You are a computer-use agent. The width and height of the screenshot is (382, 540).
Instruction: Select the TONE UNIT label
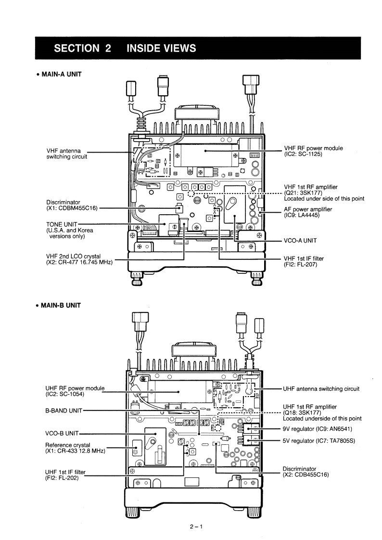pyautogui.click(x=59, y=224)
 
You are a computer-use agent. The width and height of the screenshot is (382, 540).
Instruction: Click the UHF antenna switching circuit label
pyautogui.click(x=321, y=389)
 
